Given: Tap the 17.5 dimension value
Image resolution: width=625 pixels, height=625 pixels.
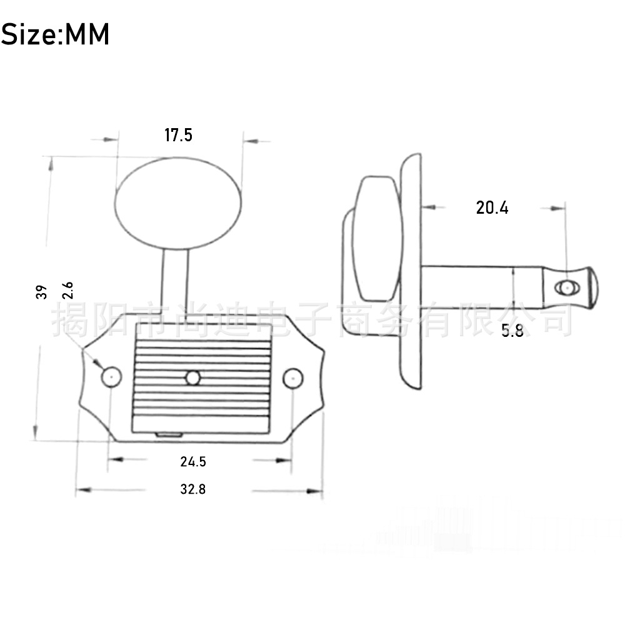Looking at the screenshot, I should tap(178, 135).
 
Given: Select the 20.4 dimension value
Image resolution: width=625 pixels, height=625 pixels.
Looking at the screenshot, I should tap(492, 207).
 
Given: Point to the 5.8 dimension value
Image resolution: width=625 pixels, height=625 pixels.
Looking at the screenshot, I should tap(512, 331).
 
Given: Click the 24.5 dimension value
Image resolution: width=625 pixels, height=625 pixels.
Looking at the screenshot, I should tap(193, 462).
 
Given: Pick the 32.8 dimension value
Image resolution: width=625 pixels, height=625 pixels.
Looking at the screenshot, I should tap(193, 489).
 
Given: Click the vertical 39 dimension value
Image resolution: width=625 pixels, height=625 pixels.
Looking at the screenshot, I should tap(42, 292).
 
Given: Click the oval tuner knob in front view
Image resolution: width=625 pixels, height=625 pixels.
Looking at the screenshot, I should tap(178, 203).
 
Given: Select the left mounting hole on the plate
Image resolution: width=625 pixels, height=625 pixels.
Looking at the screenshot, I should tap(111, 377).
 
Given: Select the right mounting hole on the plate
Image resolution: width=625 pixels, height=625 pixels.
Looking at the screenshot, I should tap(292, 377).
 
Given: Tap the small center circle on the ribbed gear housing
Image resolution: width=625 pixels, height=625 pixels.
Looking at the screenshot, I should tap(192, 377).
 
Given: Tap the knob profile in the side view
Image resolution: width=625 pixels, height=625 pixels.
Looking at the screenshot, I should tap(375, 237).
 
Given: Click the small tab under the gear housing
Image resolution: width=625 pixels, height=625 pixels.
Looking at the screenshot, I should tap(169, 433).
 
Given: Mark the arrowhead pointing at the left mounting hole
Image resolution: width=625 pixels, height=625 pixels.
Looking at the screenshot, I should tap(97, 362).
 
